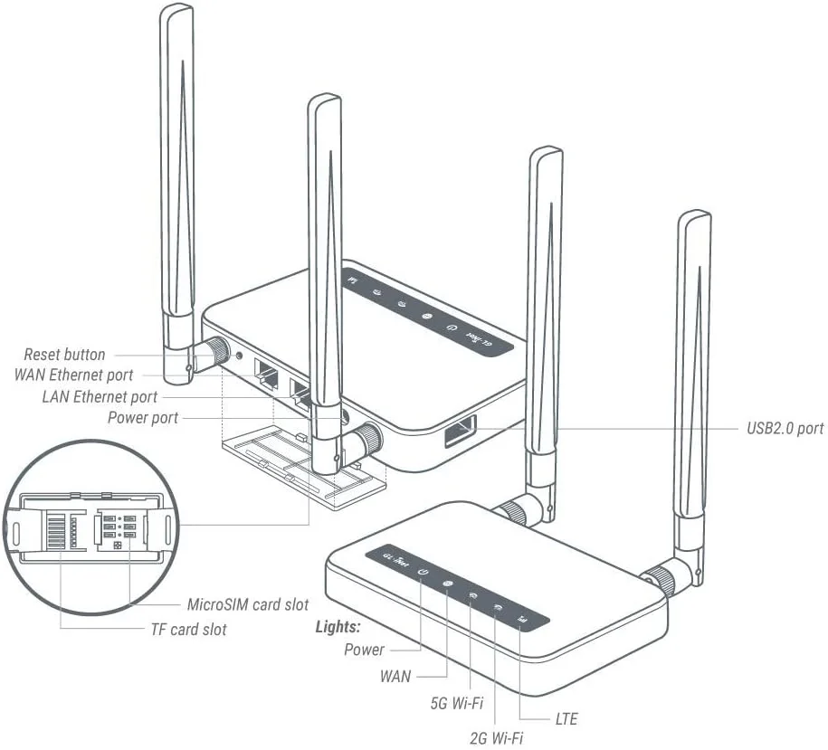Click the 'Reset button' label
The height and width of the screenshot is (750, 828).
pos(64,355)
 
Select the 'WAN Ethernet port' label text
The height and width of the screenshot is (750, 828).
pos(74,375)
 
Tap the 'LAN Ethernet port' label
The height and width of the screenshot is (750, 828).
pos(100,396)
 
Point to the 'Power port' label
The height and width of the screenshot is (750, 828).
pos(143,418)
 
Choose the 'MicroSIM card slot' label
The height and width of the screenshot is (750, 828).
pos(247,604)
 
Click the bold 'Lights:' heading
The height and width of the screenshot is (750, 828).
pos(338,627)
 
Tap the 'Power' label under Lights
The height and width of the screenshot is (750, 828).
pos(364,650)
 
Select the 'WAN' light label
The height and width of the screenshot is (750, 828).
pos(395,676)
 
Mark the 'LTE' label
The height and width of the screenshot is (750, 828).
pos(566,719)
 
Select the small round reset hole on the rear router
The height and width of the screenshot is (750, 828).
pos(239,356)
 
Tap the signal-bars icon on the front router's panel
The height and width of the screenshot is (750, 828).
pos(520,620)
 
